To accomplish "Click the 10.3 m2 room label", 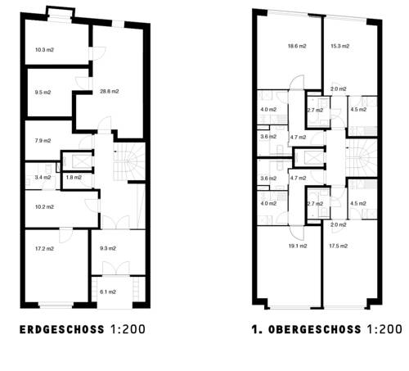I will pyautogui.click(x=44, y=50).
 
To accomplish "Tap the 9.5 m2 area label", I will pyautogui.click(x=44, y=93).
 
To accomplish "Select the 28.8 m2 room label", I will pyautogui.click(x=110, y=91).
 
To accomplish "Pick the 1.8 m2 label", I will pyautogui.click(x=73, y=177).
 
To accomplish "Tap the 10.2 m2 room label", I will pyautogui.click(x=44, y=206).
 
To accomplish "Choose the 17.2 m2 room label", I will pyautogui.click(x=44, y=247).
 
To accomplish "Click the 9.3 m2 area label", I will pyautogui.click(x=107, y=247).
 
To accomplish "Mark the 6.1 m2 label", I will pyautogui.click(x=107, y=292).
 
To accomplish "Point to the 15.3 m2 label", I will pyautogui.click(x=339, y=47).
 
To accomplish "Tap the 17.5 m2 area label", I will pyautogui.click(x=339, y=246).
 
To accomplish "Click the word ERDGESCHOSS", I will pyautogui.click(x=62, y=331).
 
